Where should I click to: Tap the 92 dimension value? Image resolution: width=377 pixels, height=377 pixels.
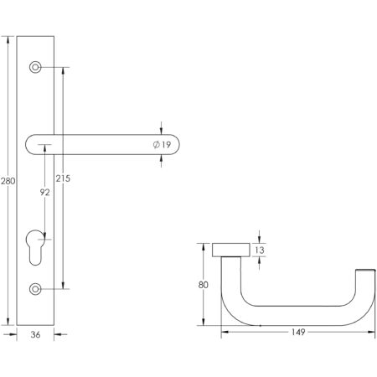(x=45, y=193)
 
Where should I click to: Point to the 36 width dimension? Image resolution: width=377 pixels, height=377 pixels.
(x=35, y=333)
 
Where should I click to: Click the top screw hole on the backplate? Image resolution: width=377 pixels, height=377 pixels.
(x=35, y=66)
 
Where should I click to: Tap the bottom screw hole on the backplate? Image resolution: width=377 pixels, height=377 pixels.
(x=35, y=289)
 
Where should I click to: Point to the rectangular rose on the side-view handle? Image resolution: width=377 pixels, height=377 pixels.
(x=230, y=249)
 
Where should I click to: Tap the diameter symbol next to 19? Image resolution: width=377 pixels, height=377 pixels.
(x=157, y=146)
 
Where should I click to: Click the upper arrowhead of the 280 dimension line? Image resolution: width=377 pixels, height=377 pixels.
(x=9, y=39)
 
